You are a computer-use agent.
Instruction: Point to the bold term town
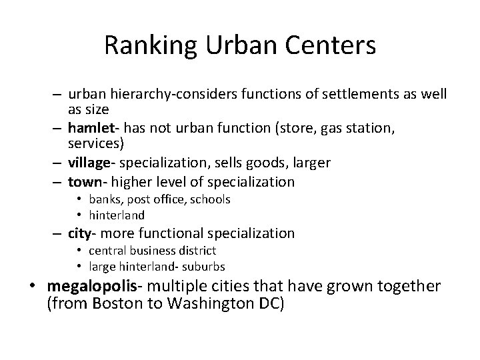83,181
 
